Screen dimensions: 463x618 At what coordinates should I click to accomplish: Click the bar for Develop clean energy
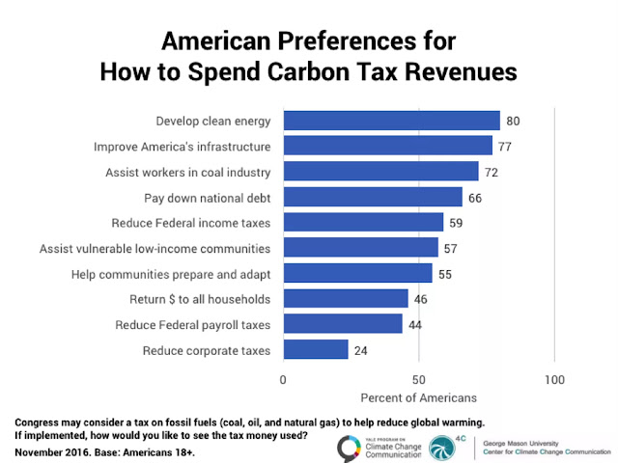tap(391, 122)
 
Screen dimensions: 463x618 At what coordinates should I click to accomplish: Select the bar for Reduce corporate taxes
tap(316, 349)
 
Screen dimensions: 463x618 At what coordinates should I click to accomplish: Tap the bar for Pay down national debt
tap(373, 198)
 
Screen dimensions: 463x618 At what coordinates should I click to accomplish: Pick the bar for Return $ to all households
tap(346, 299)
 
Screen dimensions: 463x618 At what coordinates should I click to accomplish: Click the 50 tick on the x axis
tap(418, 378)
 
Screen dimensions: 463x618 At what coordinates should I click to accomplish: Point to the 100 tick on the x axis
tap(554, 378)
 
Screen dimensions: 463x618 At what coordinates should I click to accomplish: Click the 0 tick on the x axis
tap(283, 378)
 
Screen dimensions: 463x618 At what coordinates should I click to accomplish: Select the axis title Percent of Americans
tap(418, 396)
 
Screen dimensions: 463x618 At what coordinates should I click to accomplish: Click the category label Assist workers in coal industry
tap(187, 173)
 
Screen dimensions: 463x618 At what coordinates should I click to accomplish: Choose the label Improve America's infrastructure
tap(182, 147)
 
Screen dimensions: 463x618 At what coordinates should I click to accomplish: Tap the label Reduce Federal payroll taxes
tap(193, 324)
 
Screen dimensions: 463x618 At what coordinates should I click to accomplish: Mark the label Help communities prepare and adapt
tap(171, 274)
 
